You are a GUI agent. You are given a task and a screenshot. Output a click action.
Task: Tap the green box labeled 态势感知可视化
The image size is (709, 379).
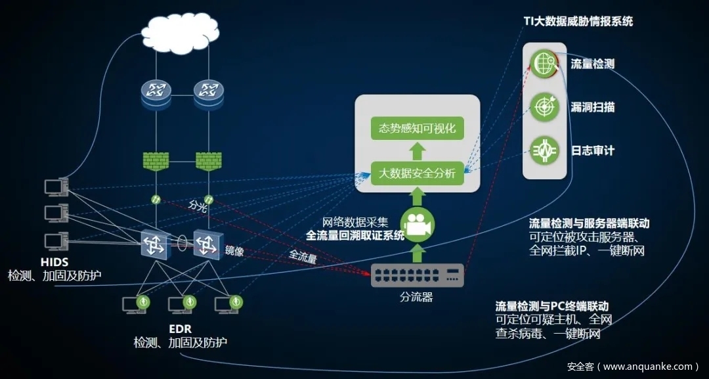(417, 127)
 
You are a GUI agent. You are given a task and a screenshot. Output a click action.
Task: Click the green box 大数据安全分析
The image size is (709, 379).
(417, 174)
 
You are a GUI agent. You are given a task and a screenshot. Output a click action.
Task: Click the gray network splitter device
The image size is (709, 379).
(418, 275)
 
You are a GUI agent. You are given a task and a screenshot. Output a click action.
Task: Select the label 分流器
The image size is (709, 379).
(417, 298)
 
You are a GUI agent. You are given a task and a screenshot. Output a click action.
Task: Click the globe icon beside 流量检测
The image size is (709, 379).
(544, 64)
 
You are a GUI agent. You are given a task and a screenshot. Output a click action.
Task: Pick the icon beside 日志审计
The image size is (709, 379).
(544, 150)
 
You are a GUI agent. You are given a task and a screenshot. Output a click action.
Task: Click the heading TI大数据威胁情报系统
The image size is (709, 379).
(578, 21)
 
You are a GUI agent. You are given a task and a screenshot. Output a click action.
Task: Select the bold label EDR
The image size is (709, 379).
(180, 328)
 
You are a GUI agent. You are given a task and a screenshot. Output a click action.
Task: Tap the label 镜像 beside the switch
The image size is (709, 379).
(234, 250)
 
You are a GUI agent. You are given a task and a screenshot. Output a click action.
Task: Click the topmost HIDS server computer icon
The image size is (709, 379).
(54, 187)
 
